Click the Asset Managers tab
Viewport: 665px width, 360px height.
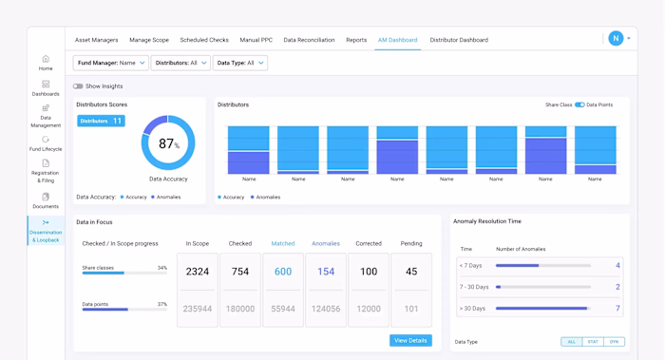tap(96, 40)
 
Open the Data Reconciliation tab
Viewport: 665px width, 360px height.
tap(309, 40)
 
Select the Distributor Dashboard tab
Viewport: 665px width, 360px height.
tap(459, 40)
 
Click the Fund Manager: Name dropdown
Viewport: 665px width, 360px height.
tap(111, 63)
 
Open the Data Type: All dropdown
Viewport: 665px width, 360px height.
tap(240, 63)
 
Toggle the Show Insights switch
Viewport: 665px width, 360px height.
tap(79, 86)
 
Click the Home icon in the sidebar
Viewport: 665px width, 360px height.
tap(46, 60)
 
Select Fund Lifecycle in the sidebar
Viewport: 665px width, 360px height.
tap(46, 141)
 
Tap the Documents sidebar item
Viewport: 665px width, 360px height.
tap(46, 199)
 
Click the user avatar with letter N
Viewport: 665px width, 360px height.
tap(616, 39)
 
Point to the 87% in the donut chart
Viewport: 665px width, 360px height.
tap(168, 144)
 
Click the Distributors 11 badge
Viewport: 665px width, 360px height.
tap(101, 121)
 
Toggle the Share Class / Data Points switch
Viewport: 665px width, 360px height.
tap(579, 104)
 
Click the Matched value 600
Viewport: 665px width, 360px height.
tap(283, 272)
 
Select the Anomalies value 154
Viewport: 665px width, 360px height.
tap(326, 272)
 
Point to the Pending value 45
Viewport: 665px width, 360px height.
tap(411, 272)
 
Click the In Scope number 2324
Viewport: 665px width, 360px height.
tap(198, 272)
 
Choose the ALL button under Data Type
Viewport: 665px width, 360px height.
tap(571, 341)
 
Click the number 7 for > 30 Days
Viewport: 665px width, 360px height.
tap(617, 309)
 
